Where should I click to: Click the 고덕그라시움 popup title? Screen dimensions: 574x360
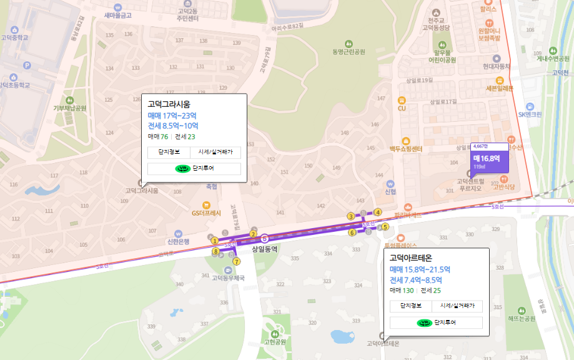click(x=169, y=104)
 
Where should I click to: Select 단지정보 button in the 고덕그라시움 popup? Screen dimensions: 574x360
click(x=169, y=152)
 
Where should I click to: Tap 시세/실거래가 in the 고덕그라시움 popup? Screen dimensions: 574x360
click(x=215, y=152)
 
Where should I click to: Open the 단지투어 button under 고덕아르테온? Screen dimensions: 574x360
click(x=436, y=322)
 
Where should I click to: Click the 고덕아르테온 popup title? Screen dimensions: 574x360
click(x=411, y=257)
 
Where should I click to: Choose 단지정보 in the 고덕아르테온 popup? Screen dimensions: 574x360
click(x=411, y=306)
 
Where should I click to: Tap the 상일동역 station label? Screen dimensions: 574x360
click(x=264, y=248)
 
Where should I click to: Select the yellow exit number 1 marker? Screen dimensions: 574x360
click(x=214, y=241)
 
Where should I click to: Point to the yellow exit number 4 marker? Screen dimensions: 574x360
click(x=377, y=212)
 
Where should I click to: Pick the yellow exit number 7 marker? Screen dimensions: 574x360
click(x=236, y=261)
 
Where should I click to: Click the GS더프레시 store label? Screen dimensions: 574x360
click(x=207, y=212)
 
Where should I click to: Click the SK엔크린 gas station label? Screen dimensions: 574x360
click(x=530, y=114)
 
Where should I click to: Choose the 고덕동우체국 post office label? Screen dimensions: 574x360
click(x=228, y=278)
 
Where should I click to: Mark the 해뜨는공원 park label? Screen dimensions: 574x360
click(x=522, y=318)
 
